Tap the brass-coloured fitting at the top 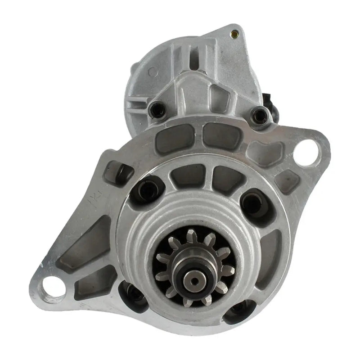pos(234,33)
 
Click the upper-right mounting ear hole pos(308,149)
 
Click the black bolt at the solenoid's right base pos(260,115)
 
